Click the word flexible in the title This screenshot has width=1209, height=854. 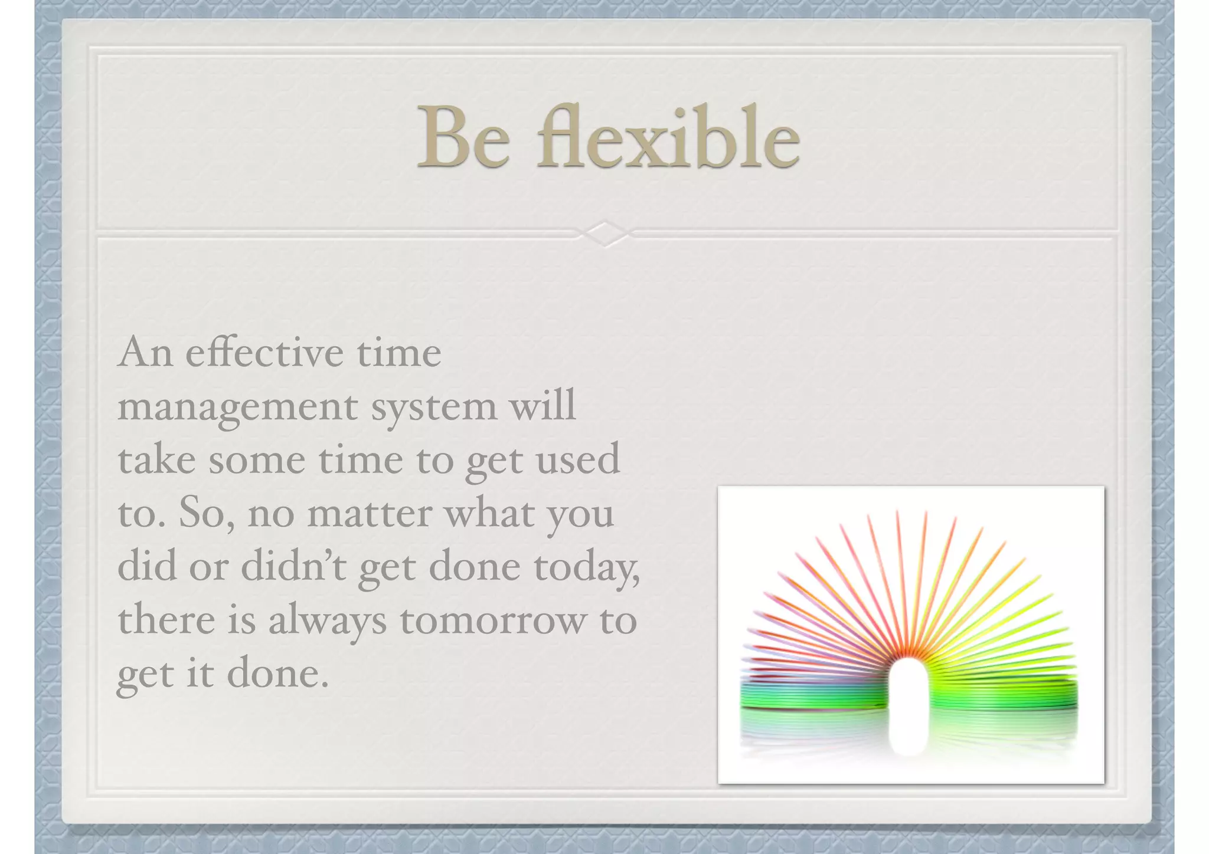click(x=668, y=137)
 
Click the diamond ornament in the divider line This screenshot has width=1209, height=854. click(x=604, y=234)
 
